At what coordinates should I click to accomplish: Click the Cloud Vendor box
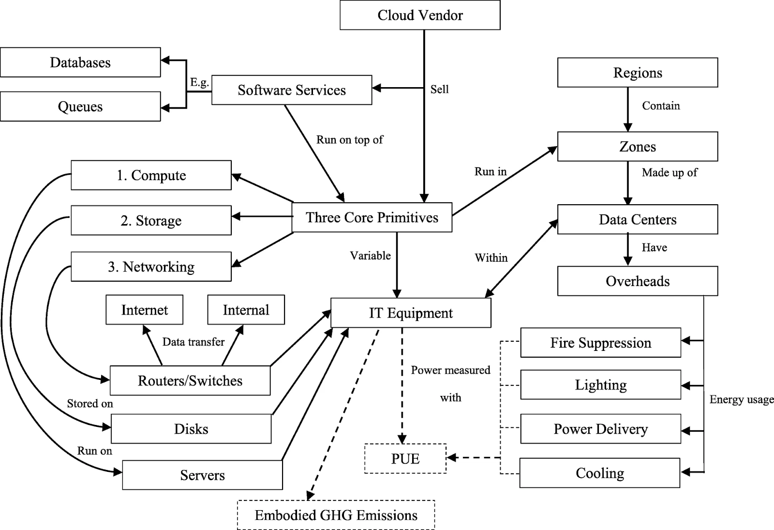click(x=420, y=15)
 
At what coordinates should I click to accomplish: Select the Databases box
click(x=80, y=62)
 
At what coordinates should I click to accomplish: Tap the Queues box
click(x=80, y=106)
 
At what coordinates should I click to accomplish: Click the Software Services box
click(x=292, y=90)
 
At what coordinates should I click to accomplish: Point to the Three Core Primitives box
click(x=372, y=217)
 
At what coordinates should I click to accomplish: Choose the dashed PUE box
click(x=405, y=458)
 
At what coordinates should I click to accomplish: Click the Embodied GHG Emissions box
click(x=336, y=515)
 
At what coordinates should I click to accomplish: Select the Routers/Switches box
click(x=190, y=380)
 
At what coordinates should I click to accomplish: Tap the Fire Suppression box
click(x=600, y=343)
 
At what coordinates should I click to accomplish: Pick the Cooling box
click(x=600, y=473)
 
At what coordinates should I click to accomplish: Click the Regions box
click(x=638, y=73)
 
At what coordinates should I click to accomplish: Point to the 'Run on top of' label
click(x=349, y=140)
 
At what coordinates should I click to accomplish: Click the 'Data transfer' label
click(x=193, y=342)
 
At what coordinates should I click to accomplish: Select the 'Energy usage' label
click(x=741, y=400)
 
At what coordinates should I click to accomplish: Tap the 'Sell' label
click(x=439, y=90)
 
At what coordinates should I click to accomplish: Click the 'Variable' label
click(x=370, y=256)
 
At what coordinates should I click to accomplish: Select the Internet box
click(x=145, y=310)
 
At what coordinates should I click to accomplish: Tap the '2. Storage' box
click(x=151, y=221)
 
